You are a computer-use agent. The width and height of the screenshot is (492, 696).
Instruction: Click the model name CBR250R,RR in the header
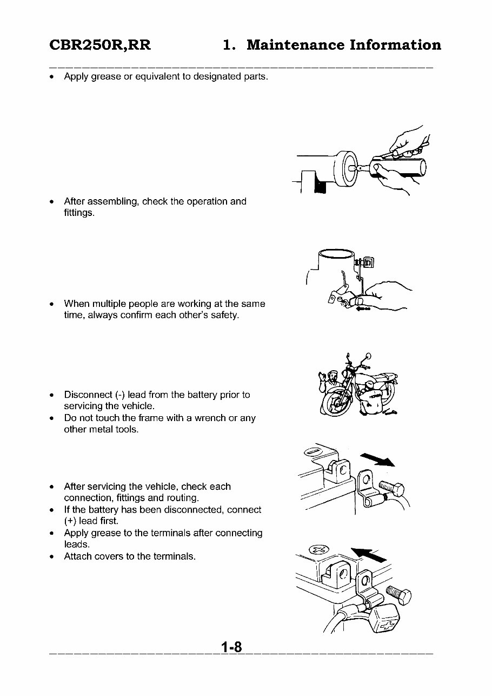100,45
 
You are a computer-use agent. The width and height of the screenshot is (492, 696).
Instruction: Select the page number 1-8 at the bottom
231,647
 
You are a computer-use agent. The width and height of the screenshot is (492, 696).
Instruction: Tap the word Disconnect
88,395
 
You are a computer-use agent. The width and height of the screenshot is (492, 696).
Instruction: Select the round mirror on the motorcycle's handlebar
368,357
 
